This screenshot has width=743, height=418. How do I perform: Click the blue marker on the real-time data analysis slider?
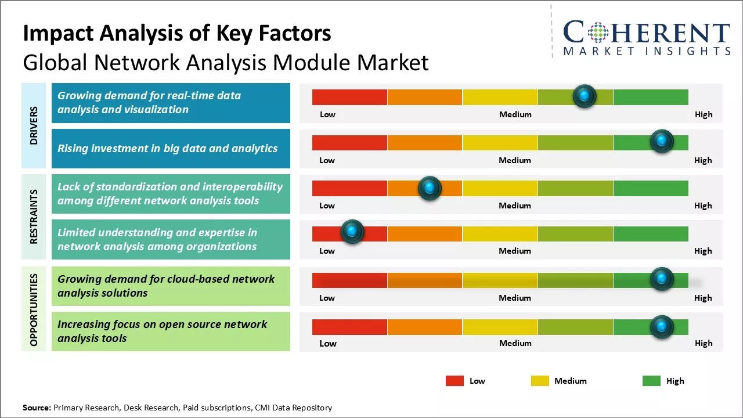point(585,96)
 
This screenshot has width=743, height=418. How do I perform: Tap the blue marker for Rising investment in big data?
point(661,141)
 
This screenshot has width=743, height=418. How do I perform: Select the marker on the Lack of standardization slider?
point(430,188)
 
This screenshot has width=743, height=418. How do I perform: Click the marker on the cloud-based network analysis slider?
point(661,279)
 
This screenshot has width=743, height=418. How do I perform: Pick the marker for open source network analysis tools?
point(661,327)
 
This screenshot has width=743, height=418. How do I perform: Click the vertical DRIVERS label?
point(34,125)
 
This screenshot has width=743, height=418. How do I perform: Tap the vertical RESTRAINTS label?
point(34,217)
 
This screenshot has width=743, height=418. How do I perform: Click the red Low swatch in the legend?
point(455,381)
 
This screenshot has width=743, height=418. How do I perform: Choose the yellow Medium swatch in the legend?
point(540,381)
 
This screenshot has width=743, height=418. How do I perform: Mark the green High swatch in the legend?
point(651,381)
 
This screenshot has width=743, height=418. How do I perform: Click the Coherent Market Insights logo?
point(646,37)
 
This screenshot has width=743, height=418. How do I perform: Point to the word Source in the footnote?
point(37,408)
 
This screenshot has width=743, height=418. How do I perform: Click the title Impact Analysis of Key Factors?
point(177,34)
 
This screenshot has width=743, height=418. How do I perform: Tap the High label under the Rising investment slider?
point(703,160)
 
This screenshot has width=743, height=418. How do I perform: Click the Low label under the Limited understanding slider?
point(327,251)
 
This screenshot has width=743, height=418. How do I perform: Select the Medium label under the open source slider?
point(515,343)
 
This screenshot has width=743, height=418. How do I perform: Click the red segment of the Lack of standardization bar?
point(349,188)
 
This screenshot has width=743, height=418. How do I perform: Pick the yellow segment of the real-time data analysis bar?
point(500,97)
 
